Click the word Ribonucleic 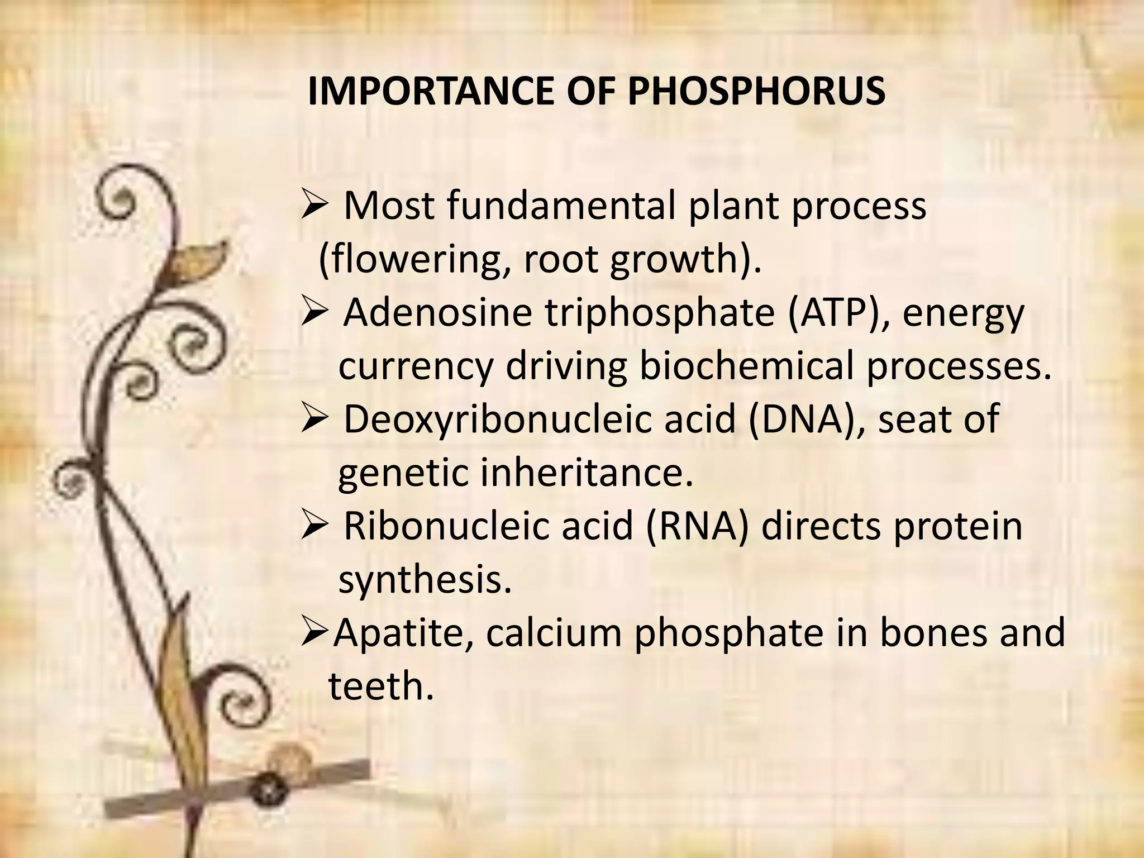445,526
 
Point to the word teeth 380,686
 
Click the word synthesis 425,581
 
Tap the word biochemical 746,366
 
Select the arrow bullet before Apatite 314,633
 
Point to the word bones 933,633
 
